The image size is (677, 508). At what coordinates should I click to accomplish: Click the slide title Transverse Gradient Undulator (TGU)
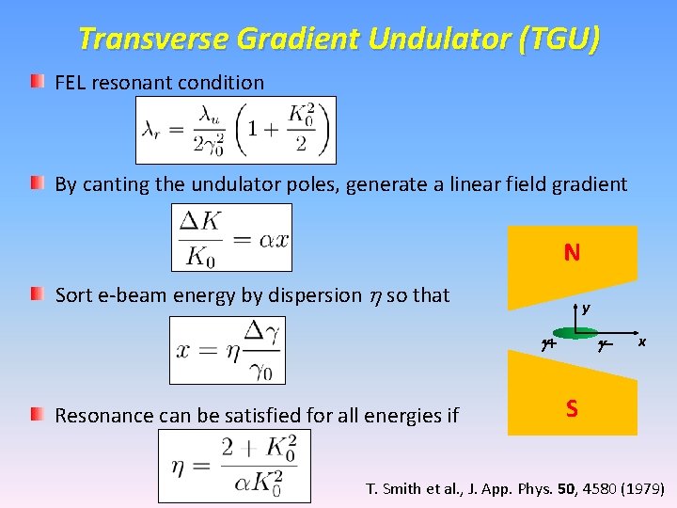click(x=338, y=40)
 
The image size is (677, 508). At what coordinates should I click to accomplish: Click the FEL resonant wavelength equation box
click(x=235, y=130)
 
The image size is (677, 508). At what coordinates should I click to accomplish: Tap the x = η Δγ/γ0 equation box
click(x=226, y=350)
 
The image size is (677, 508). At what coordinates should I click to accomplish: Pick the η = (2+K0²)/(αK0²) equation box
click(x=234, y=465)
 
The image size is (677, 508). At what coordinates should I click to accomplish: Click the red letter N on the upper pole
click(x=572, y=252)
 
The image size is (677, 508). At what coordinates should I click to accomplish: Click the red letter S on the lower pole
click(x=572, y=408)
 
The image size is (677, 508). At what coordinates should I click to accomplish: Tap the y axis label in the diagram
click(x=586, y=308)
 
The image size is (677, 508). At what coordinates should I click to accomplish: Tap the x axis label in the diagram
click(x=642, y=342)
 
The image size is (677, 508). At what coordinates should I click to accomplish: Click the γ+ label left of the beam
click(x=546, y=345)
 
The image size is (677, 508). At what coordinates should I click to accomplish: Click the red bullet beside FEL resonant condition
click(x=36, y=82)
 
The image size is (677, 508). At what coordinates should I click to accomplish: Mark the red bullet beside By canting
click(x=36, y=183)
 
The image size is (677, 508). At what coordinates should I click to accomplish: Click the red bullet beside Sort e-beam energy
click(x=36, y=294)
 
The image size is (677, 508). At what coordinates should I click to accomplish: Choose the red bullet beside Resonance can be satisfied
click(x=36, y=413)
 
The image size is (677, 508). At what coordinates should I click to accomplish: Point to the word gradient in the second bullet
click(x=588, y=184)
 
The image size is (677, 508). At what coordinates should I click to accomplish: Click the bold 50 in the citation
click(x=562, y=489)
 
